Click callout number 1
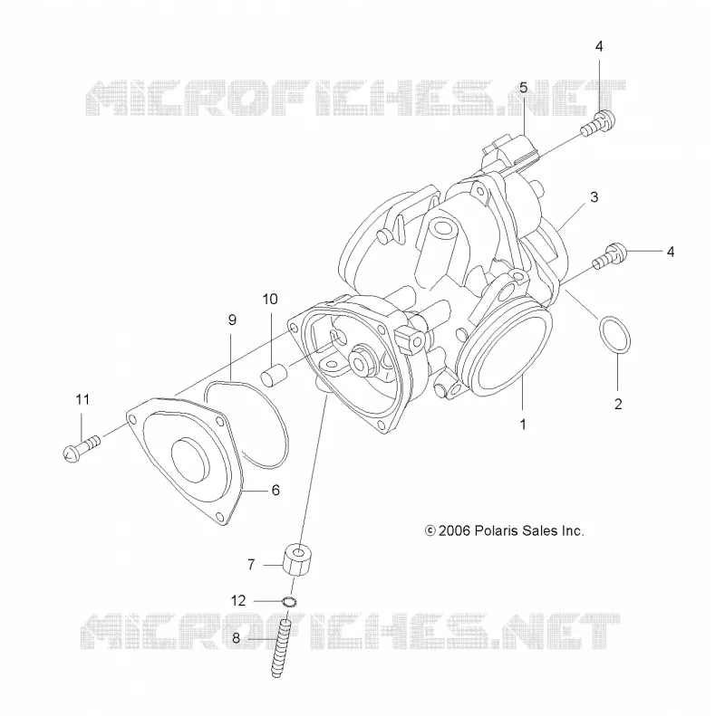pos(523,424)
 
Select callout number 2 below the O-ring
pos(618,405)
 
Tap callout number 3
pos(594,196)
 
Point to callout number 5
pos(524,87)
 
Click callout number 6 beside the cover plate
pos(275,490)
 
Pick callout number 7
pos(251,565)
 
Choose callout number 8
pos(236,638)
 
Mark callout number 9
pos(232,320)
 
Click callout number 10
pos(270,299)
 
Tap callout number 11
pos(82,399)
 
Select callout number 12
pos(238,600)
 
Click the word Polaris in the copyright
pos(496,530)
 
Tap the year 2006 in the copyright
pos(454,530)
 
